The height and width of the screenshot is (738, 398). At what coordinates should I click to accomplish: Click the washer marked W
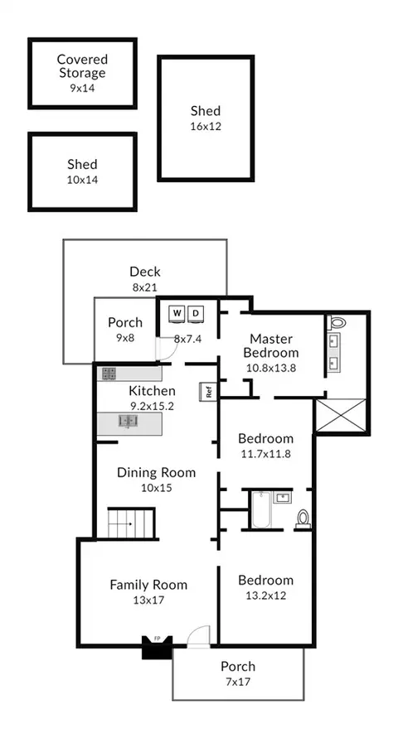[x=177, y=314]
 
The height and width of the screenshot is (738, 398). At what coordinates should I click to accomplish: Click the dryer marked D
[x=197, y=314]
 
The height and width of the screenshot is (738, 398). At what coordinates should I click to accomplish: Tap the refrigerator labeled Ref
[x=209, y=392]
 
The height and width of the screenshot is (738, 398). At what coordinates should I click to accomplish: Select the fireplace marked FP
[x=158, y=647]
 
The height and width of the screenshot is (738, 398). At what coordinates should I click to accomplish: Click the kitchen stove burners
[x=109, y=374]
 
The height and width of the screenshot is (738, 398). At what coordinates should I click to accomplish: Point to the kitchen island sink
[x=128, y=421]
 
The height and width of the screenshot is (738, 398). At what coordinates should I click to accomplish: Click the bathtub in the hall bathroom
[x=261, y=509]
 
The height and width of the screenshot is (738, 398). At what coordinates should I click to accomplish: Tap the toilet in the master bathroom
[x=337, y=323]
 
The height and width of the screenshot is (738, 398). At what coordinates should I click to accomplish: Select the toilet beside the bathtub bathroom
[x=303, y=519]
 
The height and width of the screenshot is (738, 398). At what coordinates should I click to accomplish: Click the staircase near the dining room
[x=131, y=523]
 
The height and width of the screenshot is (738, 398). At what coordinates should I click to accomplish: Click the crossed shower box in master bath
[x=340, y=415]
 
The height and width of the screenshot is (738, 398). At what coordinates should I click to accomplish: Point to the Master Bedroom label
[x=271, y=345]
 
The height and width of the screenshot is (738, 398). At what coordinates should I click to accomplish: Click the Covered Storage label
[x=82, y=66]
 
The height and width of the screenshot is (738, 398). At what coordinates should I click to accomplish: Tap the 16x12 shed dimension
[x=206, y=127]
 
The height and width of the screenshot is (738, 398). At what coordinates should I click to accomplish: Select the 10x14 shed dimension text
[x=82, y=180]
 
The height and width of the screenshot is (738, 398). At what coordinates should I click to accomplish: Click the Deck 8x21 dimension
[x=144, y=287]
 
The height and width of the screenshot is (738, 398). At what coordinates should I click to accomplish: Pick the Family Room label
[x=149, y=585]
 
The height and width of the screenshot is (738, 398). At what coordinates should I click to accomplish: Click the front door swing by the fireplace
[x=198, y=636]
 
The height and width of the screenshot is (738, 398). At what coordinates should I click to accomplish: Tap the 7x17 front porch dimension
[x=238, y=682]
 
